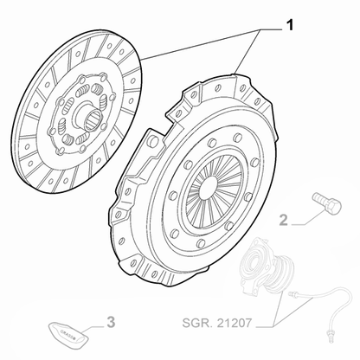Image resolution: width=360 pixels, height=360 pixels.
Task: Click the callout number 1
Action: pyautogui.click(x=289, y=25)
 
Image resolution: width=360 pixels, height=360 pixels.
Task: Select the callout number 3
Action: pyautogui.click(x=110, y=325)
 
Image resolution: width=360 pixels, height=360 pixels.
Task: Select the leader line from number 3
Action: pyautogui.click(x=96, y=326)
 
